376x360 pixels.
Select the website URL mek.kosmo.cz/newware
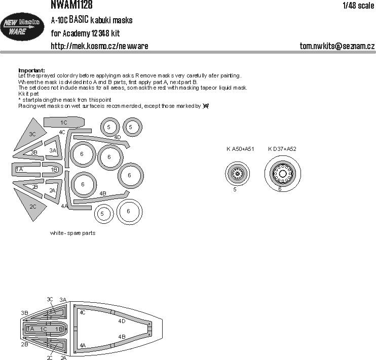(99, 46)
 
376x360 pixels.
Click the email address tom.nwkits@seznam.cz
(337, 46)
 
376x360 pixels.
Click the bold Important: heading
(31, 70)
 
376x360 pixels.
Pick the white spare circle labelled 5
(102, 214)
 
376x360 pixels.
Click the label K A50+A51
(240, 149)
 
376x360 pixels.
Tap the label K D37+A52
(282, 149)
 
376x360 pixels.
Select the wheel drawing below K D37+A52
(282, 174)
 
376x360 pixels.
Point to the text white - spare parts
(72, 233)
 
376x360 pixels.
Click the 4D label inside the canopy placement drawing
(121, 321)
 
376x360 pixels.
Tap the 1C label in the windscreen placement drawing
(44, 329)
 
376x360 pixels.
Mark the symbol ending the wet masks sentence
(205, 106)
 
